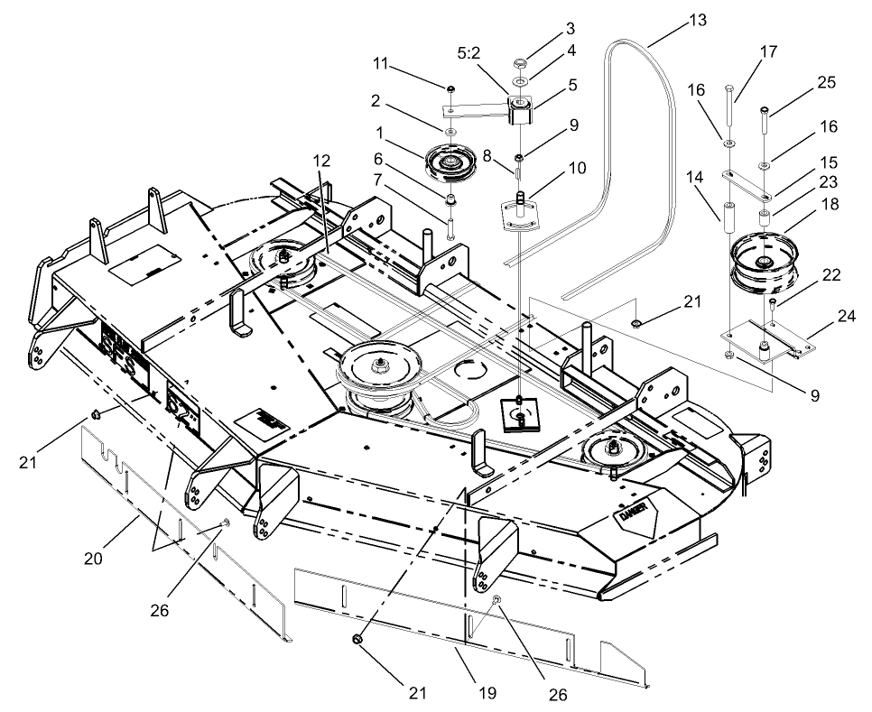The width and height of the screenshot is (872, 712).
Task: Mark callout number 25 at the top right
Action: [826, 82]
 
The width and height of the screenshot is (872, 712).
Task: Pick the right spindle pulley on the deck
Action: [614, 448]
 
